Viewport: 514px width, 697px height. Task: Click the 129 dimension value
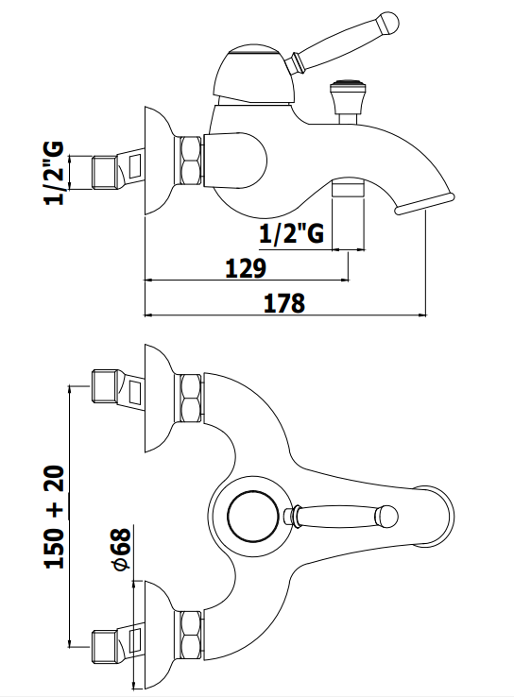pyautogui.click(x=246, y=268)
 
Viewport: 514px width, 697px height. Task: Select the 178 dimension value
pyautogui.click(x=284, y=303)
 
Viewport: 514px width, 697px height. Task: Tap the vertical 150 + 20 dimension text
pyautogui.click(x=55, y=518)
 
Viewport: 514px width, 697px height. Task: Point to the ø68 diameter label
pyautogui.click(x=121, y=550)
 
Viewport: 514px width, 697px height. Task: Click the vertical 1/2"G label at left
pyautogui.click(x=54, y=173)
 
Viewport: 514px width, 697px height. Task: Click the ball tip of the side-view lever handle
pyautogui.click(x=386, y=23)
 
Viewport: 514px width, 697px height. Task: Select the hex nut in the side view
pyautogui.click(x=191, y=161)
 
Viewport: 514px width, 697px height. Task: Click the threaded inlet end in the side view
pyautogui.click(x=106, y=172)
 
